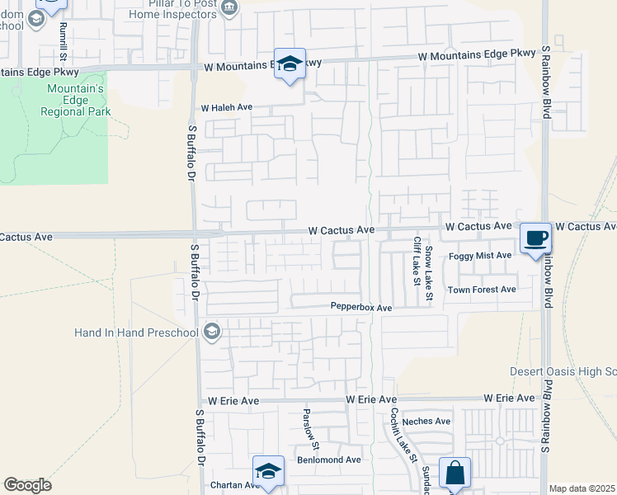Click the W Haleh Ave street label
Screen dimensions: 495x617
point(226,108)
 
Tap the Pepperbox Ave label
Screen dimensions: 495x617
point(361,307)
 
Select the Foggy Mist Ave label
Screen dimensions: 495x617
point(480,256)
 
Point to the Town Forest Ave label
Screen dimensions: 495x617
point(482,290)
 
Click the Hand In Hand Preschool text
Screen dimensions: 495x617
point(137,333)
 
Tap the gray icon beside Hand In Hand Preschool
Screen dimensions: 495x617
point(211,332)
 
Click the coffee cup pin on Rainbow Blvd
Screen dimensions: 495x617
point(535,239)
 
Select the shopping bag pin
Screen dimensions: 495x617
point(455,474)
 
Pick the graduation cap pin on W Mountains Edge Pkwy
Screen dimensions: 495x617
point(290,64)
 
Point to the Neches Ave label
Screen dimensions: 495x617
point(426,421)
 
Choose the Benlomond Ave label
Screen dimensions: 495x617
point(329,460)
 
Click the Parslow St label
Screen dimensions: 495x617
point(305,423)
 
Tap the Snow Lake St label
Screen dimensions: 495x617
point(429,261)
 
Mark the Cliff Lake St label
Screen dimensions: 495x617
point(417,261)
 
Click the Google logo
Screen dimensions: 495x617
point(27,485)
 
